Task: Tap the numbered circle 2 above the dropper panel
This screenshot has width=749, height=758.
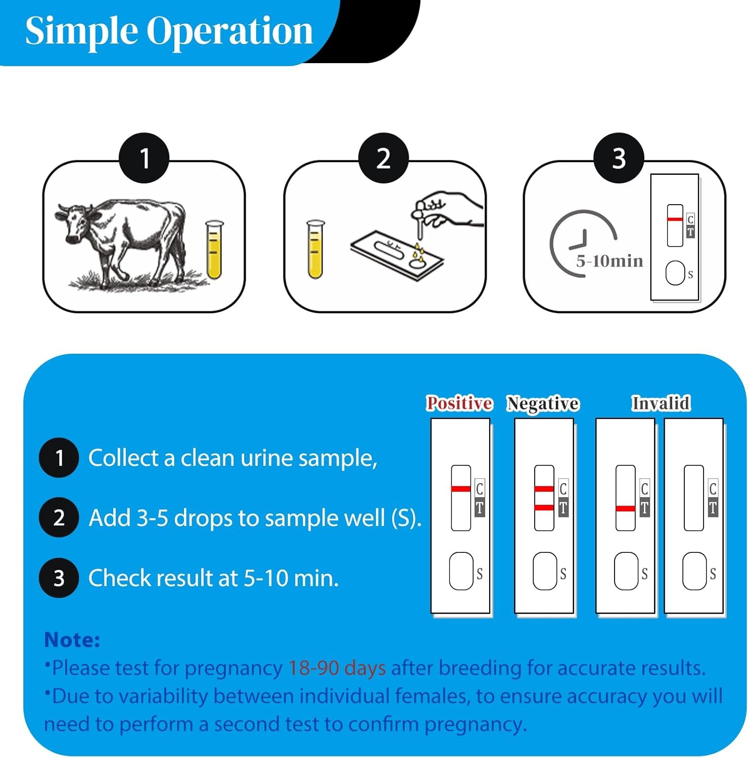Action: [383, 158]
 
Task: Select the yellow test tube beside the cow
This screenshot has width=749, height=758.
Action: [214, 250]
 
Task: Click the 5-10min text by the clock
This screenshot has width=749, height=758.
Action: [610, 261]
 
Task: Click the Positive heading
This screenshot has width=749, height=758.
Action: [459, 403]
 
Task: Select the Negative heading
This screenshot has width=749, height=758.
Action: [543, 404]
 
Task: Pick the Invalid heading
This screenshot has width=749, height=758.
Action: [661, 403]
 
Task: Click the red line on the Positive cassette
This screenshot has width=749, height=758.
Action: [461, 489]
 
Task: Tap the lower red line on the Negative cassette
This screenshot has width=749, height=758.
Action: [544, 507]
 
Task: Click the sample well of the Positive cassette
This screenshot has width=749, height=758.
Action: [461, 571]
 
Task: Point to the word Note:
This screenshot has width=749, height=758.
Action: [72, 640]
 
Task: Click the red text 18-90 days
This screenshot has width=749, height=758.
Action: [337, 668]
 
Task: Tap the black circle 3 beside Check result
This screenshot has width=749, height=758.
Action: [59, 578]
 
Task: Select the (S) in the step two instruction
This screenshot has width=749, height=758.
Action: [406, 518]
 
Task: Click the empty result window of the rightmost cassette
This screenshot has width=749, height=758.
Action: [693, 498]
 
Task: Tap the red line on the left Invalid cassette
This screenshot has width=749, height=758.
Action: [626, 508]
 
